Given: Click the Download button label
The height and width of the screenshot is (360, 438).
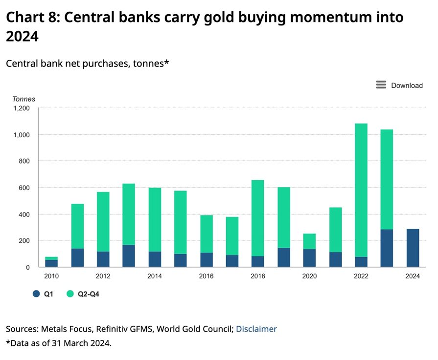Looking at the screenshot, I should point(407,85).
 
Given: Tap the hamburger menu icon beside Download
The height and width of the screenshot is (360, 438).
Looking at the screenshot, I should point(381,85).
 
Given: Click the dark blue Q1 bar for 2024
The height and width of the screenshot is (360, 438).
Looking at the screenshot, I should point(413,248).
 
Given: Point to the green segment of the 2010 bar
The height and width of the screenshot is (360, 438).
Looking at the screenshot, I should point(51,258).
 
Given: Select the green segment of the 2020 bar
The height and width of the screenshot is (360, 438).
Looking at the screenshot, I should point(309,241).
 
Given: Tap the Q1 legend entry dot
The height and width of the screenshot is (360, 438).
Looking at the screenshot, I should point(36,294).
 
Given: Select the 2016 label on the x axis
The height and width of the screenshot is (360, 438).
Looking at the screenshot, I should point(206,276).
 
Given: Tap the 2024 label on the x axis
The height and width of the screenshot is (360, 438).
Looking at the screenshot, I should point(413,276).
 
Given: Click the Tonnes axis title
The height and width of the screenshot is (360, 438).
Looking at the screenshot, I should point(24,99).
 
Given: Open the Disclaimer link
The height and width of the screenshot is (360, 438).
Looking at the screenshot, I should point(256,329).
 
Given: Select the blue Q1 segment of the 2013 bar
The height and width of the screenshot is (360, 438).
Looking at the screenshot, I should point(129,256).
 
